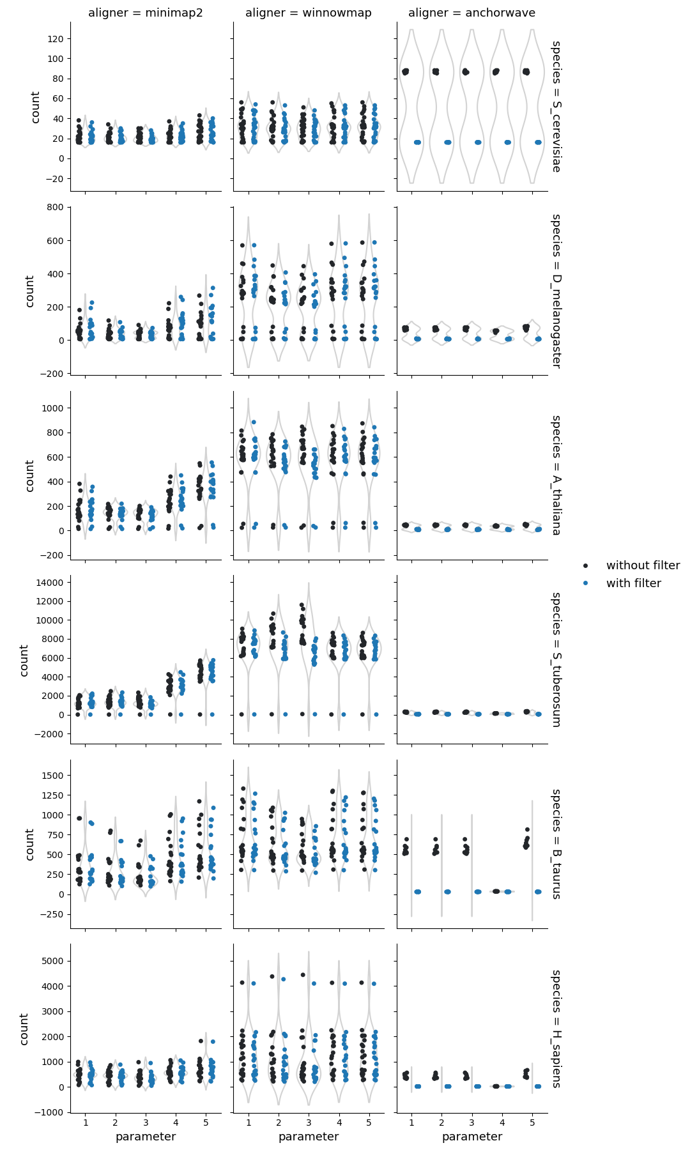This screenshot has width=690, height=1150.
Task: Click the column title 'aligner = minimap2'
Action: pyautogui.click(x=146, y=13)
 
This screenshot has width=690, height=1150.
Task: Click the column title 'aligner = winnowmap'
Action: pyautogui.click(x=309, y=13)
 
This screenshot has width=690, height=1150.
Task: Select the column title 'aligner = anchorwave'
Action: pyautogui.click(x=472, y=13)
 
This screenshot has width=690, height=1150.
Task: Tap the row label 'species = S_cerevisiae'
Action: pyautogui.click(x=556, y=106)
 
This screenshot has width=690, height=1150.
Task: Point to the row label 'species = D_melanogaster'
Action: pyautogui.click(x=556, y=291)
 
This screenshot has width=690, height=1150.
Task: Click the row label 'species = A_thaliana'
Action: pyautogui.click(x=556, y=475)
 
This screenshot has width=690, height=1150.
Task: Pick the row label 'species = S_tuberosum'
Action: pyautogui.click(x=556, y=659)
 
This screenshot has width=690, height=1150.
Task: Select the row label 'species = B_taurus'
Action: pyautogui.click(x=556, y=843)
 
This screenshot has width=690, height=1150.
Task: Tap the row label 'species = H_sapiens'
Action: pyautogui.click(x=556, y=1029)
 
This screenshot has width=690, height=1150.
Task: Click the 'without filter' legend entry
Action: pyautogui.click(x=642, y=565)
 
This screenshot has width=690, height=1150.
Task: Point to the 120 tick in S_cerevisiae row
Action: pyautogui.click(x=55, y=39)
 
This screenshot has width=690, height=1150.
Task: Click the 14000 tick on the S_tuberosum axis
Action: pyautogui.click(x=49, y=583)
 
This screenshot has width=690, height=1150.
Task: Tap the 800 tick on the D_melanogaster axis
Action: pyautogui.click(x=55, y=207)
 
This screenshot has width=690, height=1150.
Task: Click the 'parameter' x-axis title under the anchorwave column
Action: pyautogui.click(x=472, y=1137)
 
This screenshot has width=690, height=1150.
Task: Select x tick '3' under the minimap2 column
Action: pyautogui.click(x=146, y=1123)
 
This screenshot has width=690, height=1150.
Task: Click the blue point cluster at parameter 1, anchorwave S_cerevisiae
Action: pyautogui.click(x=417, y=142)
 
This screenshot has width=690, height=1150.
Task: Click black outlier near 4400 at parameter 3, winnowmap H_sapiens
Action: pyautogui.click(x=303, y=975)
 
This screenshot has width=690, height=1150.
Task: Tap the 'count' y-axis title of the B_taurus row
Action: pyautogui.click(x=29, y=844)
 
